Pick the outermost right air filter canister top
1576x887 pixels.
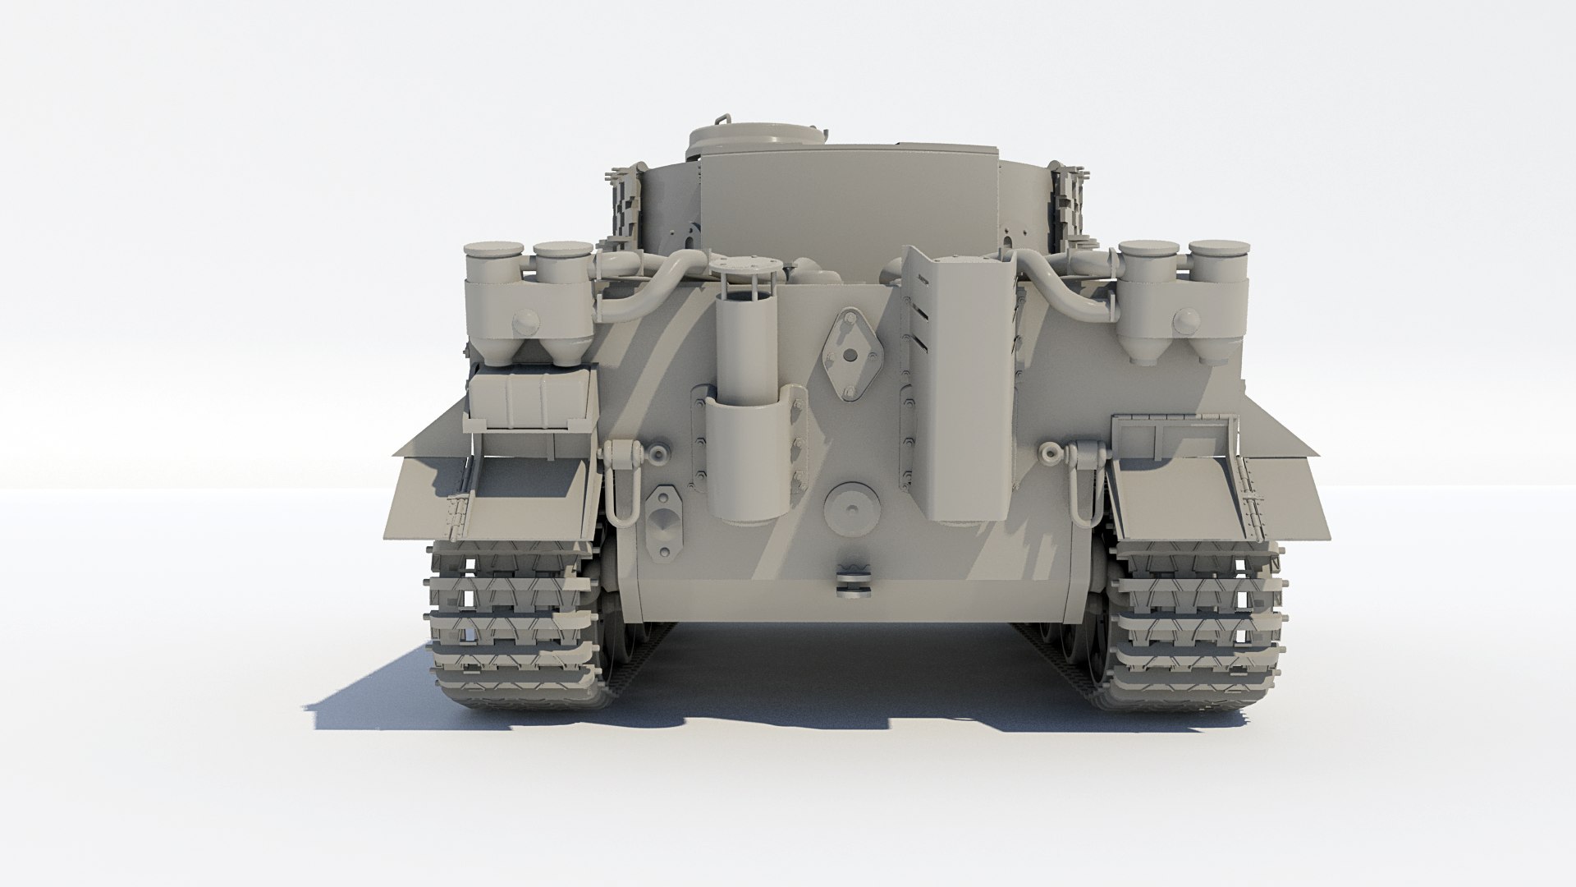coord(1218,250)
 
